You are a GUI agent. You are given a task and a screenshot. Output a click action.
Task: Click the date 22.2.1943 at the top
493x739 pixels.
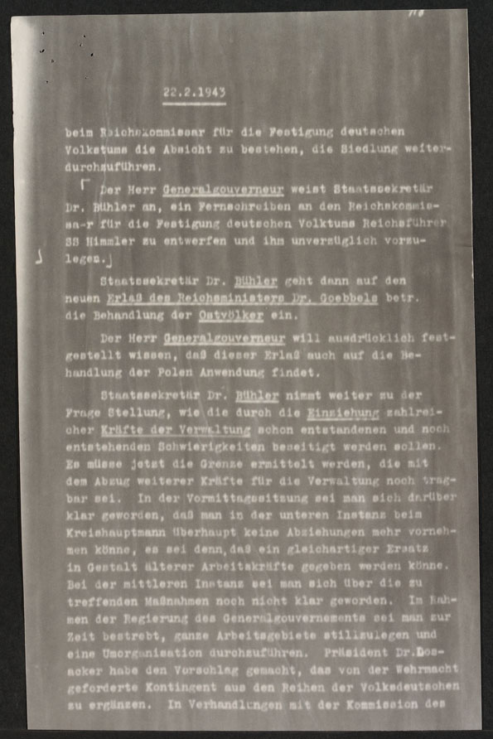coord(195,94)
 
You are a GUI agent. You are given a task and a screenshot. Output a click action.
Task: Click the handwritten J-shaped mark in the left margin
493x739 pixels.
coord(40,259)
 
